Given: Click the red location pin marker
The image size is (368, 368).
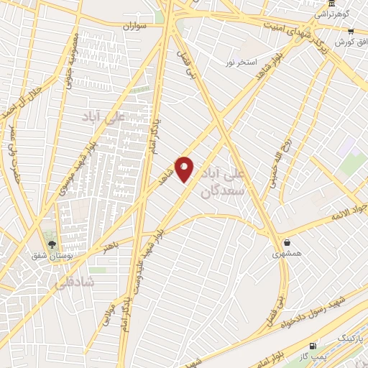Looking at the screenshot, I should (x=185, y=169).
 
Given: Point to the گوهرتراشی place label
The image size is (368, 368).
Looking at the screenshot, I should (x=335, y=14).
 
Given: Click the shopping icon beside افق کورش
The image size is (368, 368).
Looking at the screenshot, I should (x=351, y=32).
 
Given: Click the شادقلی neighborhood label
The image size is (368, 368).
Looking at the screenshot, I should (x=73, y=282).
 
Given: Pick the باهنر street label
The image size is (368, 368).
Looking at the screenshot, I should (x=109, y=247).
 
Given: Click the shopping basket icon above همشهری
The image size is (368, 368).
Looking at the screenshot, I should (x=287, y=242).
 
